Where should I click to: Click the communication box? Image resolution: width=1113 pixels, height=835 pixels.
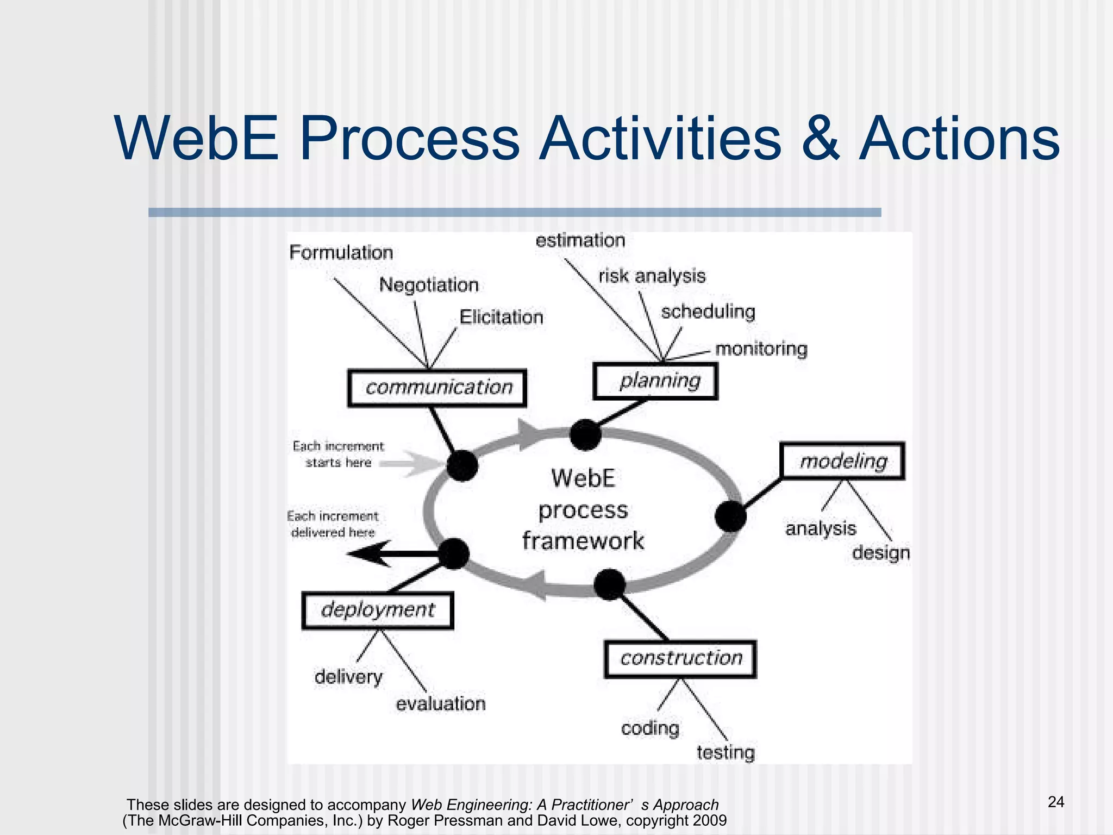point(437,388)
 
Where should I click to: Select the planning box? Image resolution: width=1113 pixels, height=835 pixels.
point(655,381)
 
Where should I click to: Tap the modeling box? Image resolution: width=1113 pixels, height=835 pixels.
point(842,461)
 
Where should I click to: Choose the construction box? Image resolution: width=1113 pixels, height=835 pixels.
point(680,659)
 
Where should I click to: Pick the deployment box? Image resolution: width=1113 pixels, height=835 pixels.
point(378,610)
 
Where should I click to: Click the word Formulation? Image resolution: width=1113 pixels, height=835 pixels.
point(341,253)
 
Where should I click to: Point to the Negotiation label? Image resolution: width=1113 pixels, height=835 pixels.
point(429,285)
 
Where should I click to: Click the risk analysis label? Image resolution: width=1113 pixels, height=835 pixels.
point(652,276)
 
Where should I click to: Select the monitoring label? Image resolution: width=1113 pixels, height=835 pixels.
point(761,349)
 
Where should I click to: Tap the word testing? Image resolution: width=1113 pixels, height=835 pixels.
point(726,753)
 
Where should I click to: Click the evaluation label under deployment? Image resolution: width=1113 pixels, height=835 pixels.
point(440,704)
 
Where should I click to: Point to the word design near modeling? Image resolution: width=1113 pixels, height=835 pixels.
point(880,553)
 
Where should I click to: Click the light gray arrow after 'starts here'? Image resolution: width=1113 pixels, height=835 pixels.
point(413,464)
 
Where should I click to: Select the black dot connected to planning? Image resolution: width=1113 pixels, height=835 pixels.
point(585,435)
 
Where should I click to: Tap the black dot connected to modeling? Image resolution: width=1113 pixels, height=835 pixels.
point(730,516)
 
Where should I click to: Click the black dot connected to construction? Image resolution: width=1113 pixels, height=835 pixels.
point(610,585)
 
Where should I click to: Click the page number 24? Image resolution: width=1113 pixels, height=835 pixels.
point(1055,802)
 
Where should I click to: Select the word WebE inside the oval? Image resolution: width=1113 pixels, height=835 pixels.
point(583,479)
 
